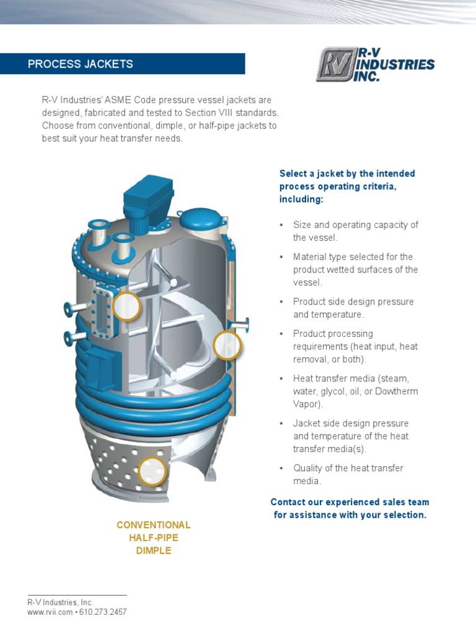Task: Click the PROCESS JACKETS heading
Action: click(x=81, y=64)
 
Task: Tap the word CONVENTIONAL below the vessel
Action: click(x=154, y=525)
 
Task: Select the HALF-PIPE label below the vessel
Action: click(x=154, y=538)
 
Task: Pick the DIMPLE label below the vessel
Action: click(x=154, y=550)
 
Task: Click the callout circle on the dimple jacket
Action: click(x=152, y=471)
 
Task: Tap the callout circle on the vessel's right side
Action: click(x=227, y=345)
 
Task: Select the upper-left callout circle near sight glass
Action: click(x=126, y=306)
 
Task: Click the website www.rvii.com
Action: click(x=50, y=612)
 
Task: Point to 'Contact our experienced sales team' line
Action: click(x=350, y=502)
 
